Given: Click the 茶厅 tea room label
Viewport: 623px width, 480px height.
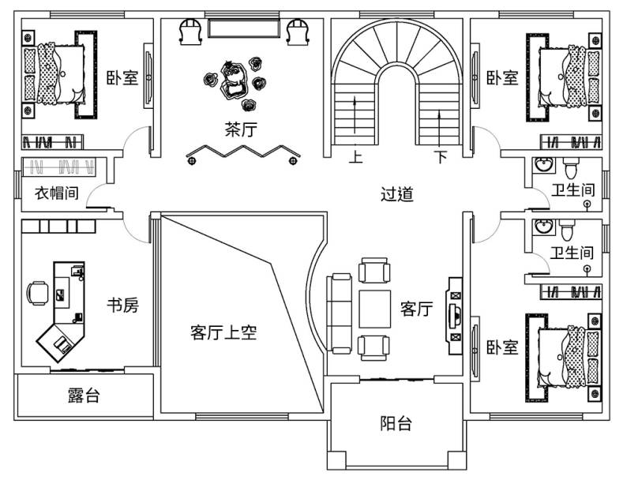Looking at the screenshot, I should (x=241, y=130).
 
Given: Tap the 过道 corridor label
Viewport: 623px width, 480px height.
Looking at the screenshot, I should (x=396, y=194).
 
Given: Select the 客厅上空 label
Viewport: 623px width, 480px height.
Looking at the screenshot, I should (x=223, y=332).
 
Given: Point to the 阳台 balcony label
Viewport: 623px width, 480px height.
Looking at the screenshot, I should (x=396, y=424).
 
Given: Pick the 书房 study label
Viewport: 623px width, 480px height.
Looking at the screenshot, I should (x=122, y=305).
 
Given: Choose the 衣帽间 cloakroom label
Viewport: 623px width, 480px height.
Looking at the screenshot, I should (x=56, y=193).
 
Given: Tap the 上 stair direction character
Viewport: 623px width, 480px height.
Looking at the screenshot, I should (x=356, y=157).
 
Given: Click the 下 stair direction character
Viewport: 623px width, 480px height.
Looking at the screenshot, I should (x=441, y=157).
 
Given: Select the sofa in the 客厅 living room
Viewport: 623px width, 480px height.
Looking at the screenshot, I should (x=340, y=313).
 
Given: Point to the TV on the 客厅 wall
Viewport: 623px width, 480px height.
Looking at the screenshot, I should (x=456, y=309).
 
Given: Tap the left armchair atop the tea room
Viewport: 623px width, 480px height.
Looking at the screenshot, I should (x=189, y=31).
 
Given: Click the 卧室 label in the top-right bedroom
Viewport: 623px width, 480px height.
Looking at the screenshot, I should (x=501, y=78).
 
